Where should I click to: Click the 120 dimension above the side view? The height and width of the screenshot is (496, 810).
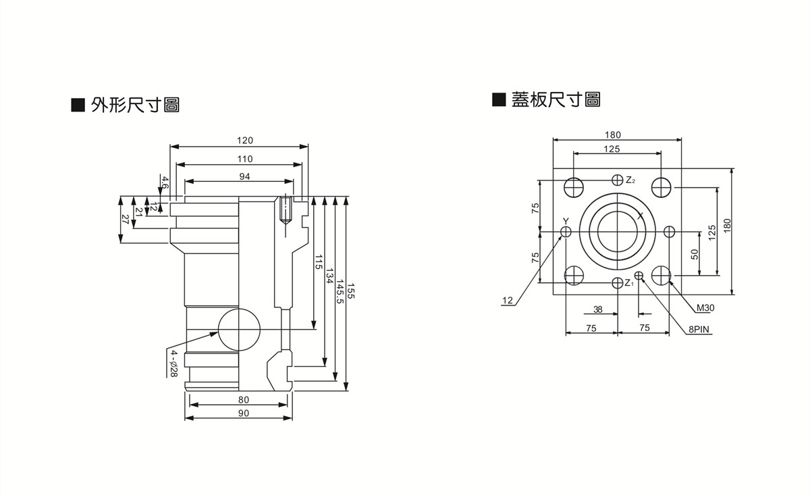(244, 141)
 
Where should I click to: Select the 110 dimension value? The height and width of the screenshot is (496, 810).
(244, 159)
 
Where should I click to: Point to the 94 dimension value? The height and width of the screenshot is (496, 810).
(244, 176)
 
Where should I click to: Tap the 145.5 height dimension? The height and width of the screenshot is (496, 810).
(340, 292)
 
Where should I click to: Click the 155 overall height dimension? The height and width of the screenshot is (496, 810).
(351, 292)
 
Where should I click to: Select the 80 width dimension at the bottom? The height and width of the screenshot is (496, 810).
(243, 400)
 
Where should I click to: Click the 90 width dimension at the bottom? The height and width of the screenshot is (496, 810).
(243, 413)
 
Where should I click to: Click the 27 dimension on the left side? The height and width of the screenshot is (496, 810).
(125, 218)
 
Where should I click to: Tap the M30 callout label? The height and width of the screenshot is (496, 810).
(705, 307)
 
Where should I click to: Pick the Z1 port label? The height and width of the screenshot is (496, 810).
(628, 282)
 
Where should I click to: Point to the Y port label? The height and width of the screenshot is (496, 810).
(566, 221)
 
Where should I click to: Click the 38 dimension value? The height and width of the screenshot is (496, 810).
(597, 309)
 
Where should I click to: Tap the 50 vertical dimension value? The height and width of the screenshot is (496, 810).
(695, 253)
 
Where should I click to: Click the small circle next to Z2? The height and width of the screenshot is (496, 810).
(616, 180)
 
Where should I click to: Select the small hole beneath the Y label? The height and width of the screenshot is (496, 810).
(566, 232)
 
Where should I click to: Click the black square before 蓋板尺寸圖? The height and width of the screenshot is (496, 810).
(499, 100)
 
